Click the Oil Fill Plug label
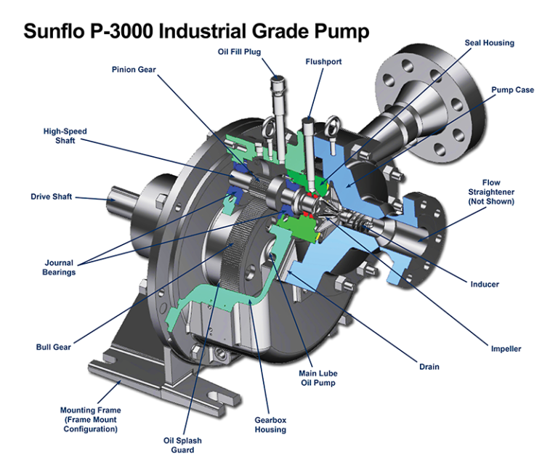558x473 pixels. click(x=239, y=52)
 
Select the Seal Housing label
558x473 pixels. click(x=489, y=43)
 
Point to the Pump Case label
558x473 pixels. click(x=512, y=90)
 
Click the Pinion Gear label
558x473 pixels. click(x=134, y=70)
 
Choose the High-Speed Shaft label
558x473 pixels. click(x=65, y=136)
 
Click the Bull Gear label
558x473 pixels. click(x=53, y=347)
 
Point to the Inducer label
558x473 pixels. click(x=485, y=284)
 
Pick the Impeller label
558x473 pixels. click(x=506, y=349)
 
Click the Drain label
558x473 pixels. click(x=429, y=367)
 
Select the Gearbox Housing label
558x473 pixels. click(x=270, y=424)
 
